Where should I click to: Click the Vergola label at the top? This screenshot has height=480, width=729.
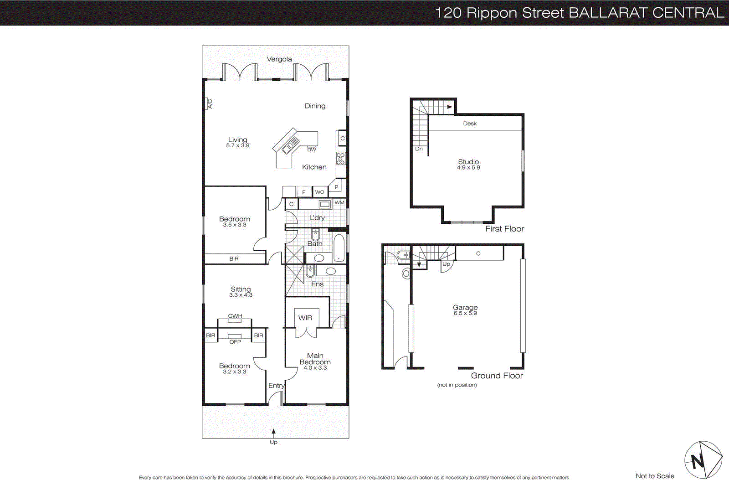tap(279, 59)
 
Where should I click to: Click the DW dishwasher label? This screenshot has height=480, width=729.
tap(312, 150)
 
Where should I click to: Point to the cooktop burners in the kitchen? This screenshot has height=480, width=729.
tap(341, 158)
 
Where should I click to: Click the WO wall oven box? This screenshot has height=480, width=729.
tap(320, 192)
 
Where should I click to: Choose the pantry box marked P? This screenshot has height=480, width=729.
tap(336, 187)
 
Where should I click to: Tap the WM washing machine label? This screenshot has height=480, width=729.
tap(339, 202)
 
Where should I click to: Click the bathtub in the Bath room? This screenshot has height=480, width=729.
tap(339, 248)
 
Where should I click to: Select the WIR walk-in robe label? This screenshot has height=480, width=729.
tap(305, 318)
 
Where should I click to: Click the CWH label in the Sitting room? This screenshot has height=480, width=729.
tap(235, 316)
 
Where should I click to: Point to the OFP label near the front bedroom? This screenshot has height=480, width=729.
tap(235, 342)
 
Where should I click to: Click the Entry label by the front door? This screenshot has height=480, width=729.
tap(276, 386)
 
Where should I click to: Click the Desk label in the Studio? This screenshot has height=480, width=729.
tap(470, 124)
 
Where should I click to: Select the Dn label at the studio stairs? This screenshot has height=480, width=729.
tap(419, 149)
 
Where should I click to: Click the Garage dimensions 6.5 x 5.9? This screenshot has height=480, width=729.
tap(465, 313)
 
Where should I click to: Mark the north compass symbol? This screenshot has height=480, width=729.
tap(703, 460)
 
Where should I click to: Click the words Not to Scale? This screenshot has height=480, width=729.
tap(655, 476)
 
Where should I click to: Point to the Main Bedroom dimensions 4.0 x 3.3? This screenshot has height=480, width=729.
tap(315, 368)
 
